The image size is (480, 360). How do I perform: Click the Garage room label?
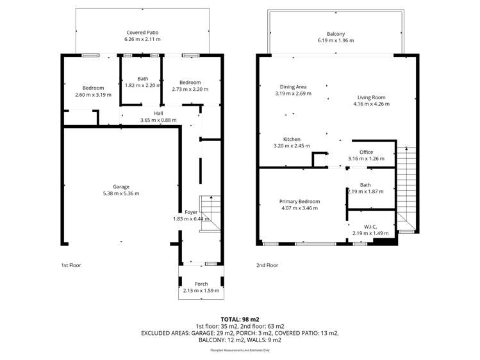pyautogui.click(x=121, y=187)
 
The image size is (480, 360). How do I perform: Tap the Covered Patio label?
pyautogui.click(x=142, y=32)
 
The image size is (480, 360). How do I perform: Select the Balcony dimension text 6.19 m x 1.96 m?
pyautogui.click(x=336, y=40)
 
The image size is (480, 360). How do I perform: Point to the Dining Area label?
pyautogui.click(x=293, y=86)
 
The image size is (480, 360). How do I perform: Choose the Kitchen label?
pyautogui.click(x=292, y=139)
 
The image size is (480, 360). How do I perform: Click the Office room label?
pyautogui.click(x=366, y=152)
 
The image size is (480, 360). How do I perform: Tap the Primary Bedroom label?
pyautogui.click(x=299, y=201)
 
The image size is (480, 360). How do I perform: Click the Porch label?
pyautogui.click(x=201, y=284)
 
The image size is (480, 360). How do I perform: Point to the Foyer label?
pyautogui.click(x=191, y=212)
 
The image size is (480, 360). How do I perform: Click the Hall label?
pyautogui.click(x=149, y=113)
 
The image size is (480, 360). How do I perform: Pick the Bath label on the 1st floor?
pyautogui.click(x=142, y=79)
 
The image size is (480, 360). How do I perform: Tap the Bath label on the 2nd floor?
pyautogui.click(x=365, y=184)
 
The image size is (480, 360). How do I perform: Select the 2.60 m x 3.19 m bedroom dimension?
pyautogui.click(x=93, y=95)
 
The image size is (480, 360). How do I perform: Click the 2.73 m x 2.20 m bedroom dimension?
pyautogui.click(x=190, y=89)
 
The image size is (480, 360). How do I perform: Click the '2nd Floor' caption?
pyautogui.click(x=267, y=265)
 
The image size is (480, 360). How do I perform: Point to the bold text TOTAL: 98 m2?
pyautogui.click(x=240, y=318)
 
